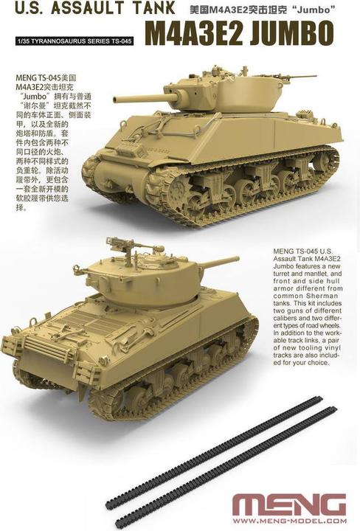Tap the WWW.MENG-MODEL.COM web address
point(288,523)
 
